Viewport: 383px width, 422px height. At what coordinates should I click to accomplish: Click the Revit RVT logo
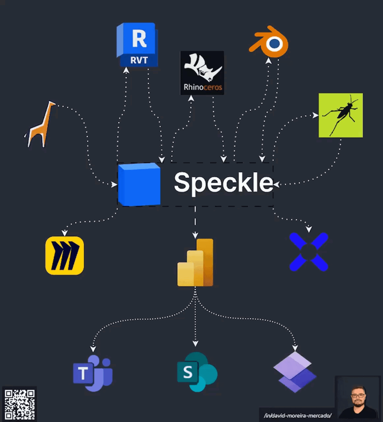pos(137,45)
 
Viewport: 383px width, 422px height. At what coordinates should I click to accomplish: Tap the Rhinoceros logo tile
pos(202,73)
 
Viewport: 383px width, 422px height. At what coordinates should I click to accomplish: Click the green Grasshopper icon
pos(341,115)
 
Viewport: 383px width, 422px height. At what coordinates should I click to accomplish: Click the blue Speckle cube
pos(139,184)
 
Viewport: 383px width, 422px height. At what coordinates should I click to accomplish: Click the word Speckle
pos(223,183)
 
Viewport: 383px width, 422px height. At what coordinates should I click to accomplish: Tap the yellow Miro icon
pos(65,256)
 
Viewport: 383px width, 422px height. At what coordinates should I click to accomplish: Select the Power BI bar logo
pos(195,262)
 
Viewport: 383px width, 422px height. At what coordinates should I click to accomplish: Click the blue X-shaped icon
pos(309,252)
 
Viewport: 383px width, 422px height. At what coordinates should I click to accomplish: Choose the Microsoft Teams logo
pos(93,373)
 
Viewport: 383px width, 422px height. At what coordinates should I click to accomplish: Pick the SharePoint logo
pos(197,372)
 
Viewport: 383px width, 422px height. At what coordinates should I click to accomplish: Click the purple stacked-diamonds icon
pos(295,372)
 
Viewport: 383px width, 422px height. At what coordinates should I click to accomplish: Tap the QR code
pos(19,404)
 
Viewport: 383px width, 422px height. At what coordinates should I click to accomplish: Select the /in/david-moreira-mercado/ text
pos(298,416)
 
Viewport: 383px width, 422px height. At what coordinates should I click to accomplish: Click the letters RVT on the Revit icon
pos(139,60)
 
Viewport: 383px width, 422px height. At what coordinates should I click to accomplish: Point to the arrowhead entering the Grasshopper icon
pos(315,115)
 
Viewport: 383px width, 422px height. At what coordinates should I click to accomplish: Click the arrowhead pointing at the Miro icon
pos(65,233)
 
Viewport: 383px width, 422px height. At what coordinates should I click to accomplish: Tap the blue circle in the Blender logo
pos(275,44)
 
